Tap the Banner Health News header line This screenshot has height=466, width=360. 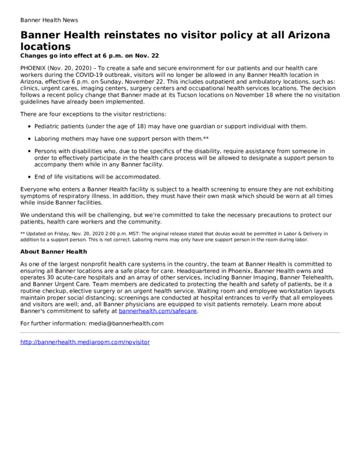click(49, 19)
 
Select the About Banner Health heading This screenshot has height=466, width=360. click(53, 252)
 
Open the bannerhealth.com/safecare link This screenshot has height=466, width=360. click(158, 311)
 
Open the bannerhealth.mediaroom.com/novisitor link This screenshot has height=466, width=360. click(85, 342)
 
